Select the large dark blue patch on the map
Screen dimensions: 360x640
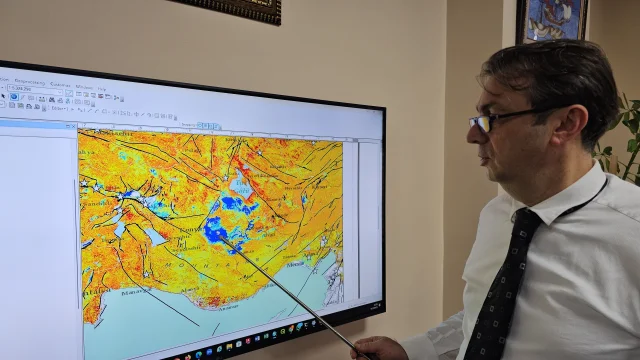[x=216, y=231]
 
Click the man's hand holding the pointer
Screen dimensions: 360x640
[x=379, y=347]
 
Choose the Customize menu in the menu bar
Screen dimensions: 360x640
[x=62, y=84]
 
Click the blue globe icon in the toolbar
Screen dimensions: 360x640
[x=14, y=96]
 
